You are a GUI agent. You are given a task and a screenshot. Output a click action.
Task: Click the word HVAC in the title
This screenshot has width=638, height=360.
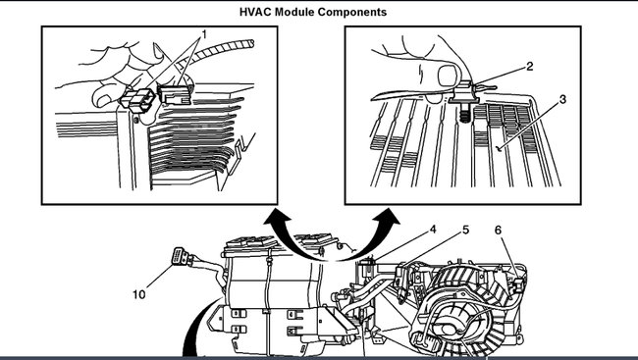pos(256,13)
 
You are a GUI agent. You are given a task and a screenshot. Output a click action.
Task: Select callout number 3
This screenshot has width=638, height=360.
pos(562,100)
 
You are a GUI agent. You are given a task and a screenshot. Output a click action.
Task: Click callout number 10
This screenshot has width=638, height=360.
pos(139,291)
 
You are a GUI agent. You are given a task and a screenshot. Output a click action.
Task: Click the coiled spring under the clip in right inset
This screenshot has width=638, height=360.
pos(462,115)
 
